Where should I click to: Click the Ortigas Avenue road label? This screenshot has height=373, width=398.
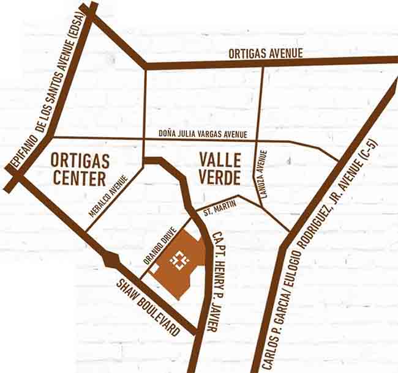[266, 53]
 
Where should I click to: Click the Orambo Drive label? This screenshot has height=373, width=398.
[160, 245]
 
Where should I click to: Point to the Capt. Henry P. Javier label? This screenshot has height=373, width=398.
[214, 281]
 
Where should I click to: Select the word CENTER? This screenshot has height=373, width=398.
[80, 179]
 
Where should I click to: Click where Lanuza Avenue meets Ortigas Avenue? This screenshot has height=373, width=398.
[263, 63]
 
